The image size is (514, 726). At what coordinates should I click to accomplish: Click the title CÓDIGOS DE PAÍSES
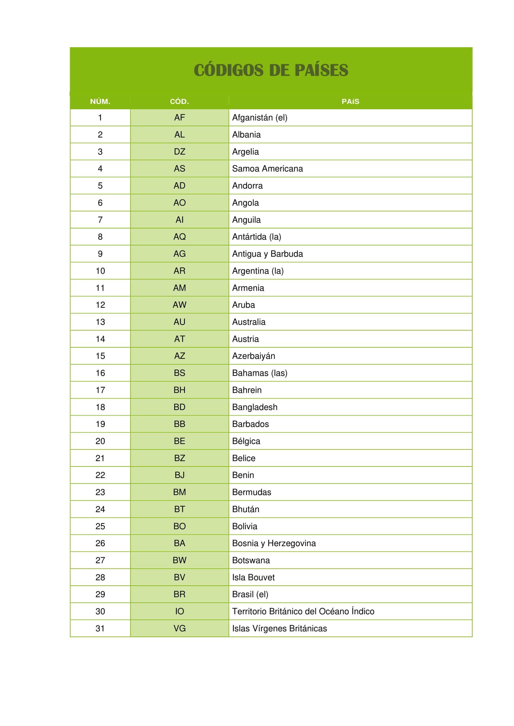coord(271,70)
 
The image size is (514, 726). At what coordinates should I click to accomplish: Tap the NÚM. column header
coord(100,101)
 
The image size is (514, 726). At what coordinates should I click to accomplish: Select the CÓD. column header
coord(179,101)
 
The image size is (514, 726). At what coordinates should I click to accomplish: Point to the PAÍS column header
coord(350,101)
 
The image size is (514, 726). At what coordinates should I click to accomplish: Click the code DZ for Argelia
coord(179,152)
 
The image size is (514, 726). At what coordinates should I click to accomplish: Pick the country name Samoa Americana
coord(268,169)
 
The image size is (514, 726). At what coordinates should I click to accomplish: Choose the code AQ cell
coord(179,237)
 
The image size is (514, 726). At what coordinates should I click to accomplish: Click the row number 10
coord(100,271)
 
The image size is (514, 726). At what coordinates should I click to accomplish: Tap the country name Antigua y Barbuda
coord(268,254)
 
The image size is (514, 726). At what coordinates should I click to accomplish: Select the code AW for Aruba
coord(179,305)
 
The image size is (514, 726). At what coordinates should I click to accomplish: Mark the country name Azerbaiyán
coord(254,356)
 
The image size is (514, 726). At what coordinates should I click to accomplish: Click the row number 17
coord(100,390)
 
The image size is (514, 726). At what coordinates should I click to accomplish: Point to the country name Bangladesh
coord(255,407)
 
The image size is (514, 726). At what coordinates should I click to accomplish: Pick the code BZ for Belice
coord(179,458)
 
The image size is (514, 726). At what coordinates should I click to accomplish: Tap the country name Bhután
coord(246,509)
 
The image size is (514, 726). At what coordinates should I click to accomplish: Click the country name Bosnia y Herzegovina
coord(274,543)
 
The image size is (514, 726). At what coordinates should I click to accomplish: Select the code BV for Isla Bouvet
coord(179,577)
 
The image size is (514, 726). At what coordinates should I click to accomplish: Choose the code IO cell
coord(179,611)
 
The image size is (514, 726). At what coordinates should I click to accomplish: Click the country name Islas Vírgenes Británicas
coord(279,629)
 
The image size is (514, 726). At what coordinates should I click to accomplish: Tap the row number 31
coord(100,629)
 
